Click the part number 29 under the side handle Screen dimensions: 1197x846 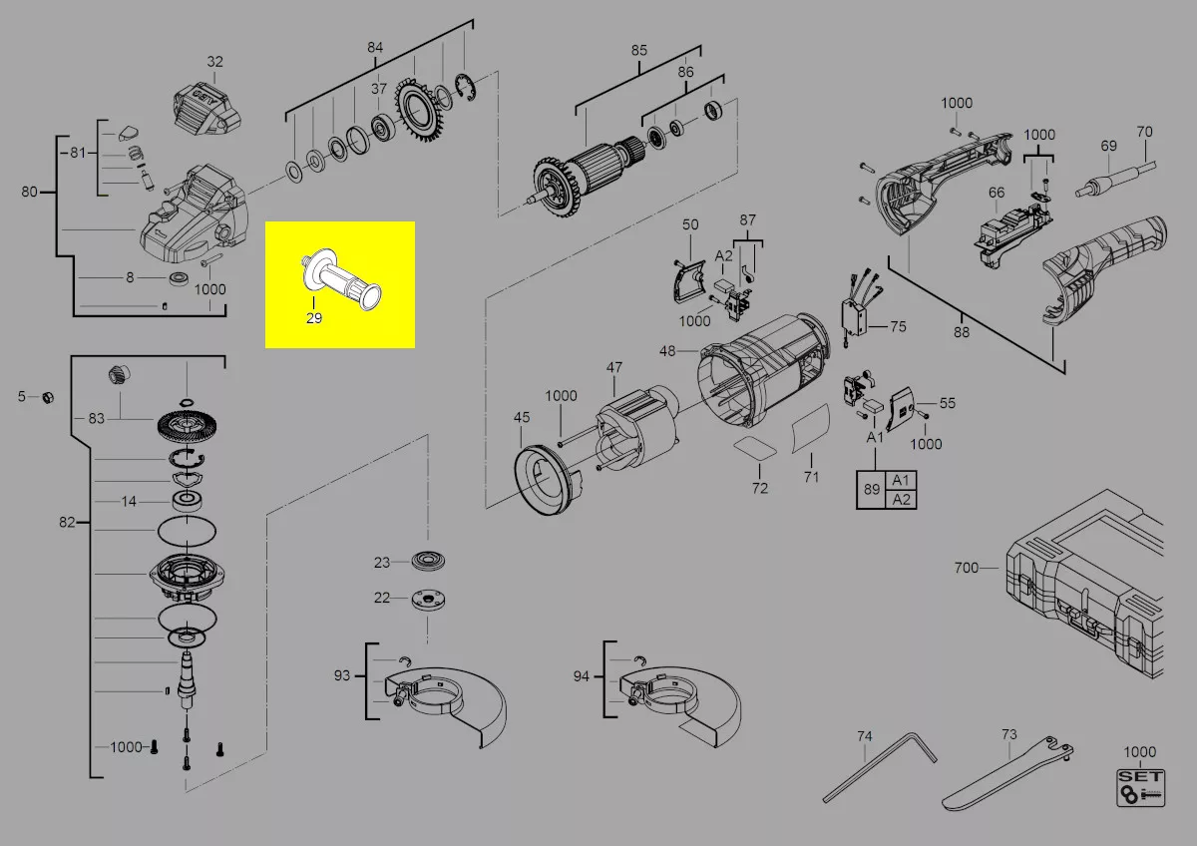[x=314, y=318]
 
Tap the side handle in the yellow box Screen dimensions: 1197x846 [x=341, y=279]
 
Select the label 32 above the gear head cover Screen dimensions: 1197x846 [x=214, y=62]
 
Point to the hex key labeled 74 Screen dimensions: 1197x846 [x=880, y=766]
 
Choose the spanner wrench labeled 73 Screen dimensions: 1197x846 [x=1006, y=774]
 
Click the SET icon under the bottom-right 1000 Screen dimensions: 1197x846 [x=1140, y=787]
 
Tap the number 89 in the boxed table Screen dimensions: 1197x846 [x=872, y=489]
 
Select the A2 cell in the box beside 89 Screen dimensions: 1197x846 [x=901, y=499]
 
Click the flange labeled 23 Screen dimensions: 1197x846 [x=429, y=561]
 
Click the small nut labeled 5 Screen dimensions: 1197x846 [x=48, y=397]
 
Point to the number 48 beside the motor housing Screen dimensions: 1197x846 [x=667, y=351]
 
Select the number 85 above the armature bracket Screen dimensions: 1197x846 [x=638, y=50]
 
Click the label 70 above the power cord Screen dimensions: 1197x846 [x=1144, y=132]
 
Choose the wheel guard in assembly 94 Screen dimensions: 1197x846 [x=689, y=700]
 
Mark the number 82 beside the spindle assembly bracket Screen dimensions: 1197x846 [x=67, y=522]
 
